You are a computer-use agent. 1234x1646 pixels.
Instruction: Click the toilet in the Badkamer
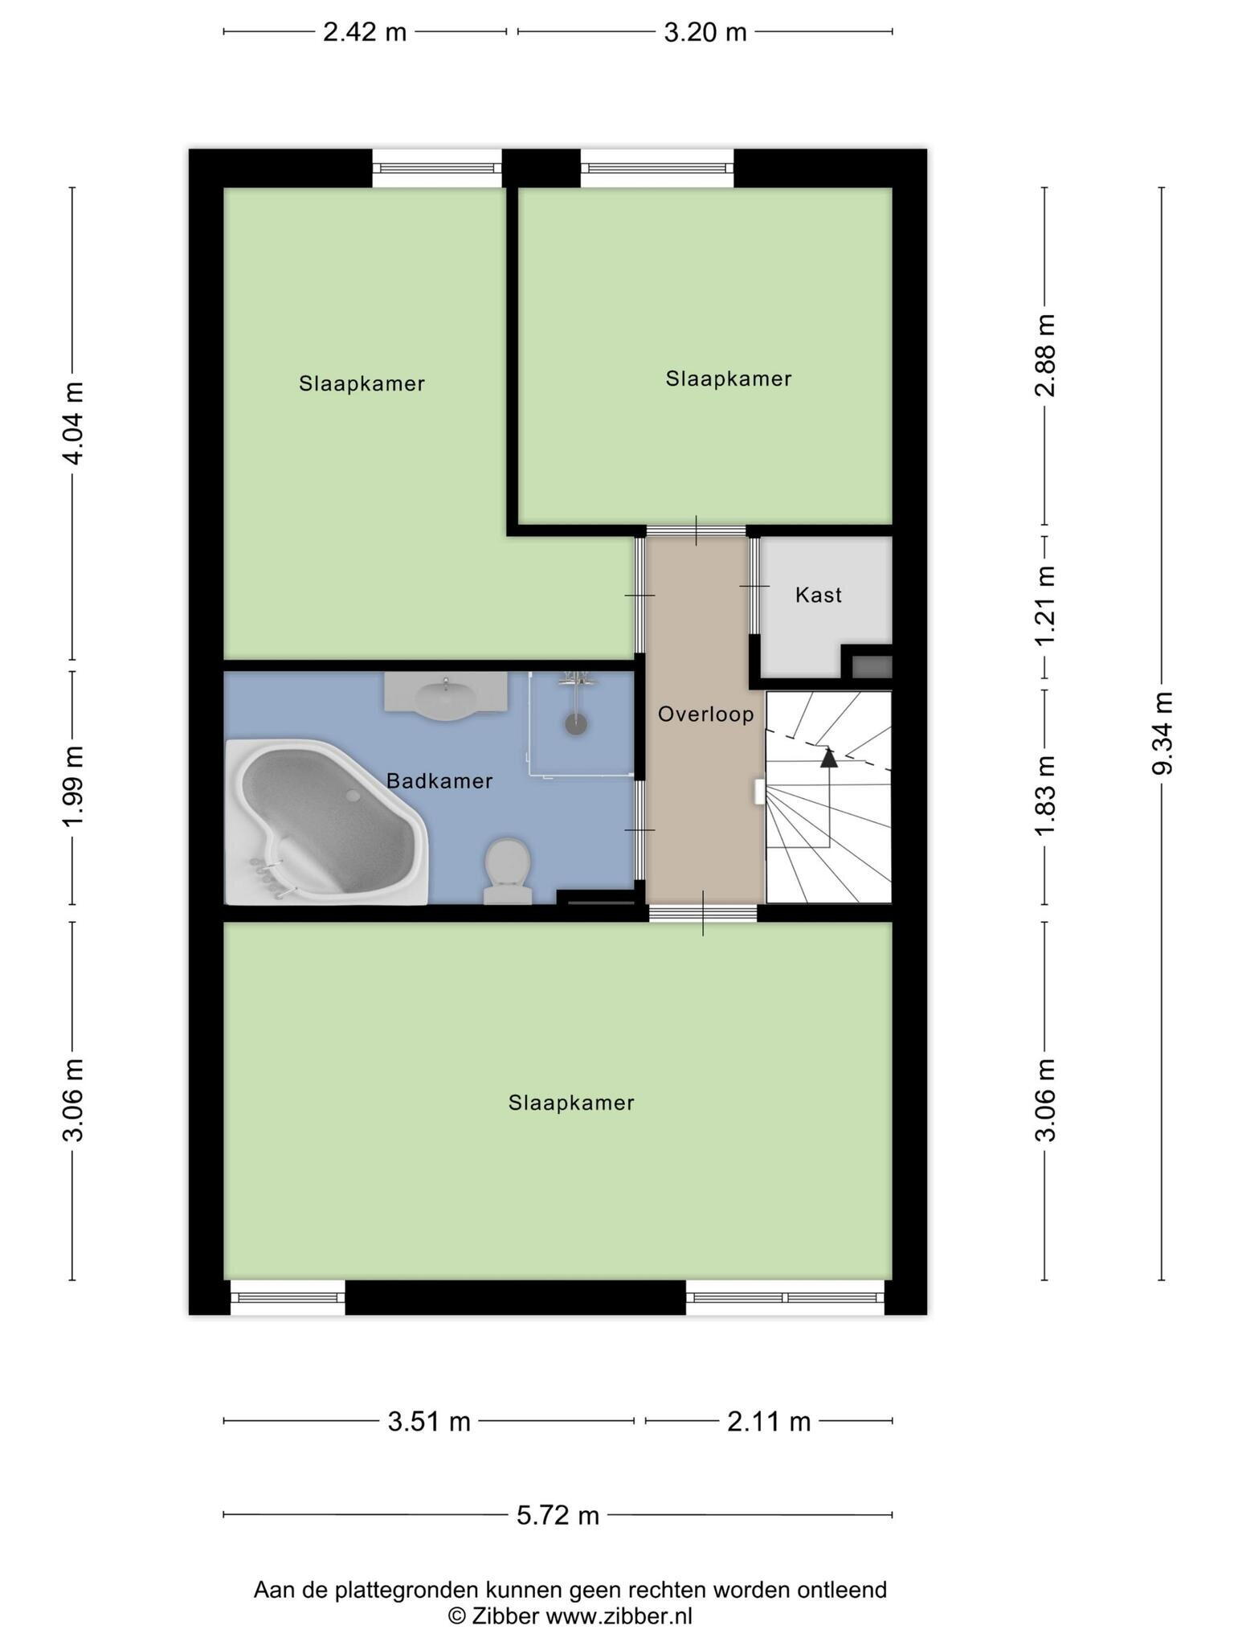pyautogui.click(x=508, y=871)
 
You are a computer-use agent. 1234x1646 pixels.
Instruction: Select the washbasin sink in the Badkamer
pyautogui.click(x=446, y=694)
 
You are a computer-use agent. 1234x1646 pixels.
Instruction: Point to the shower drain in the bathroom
pyautogui.click(x=576, y=723)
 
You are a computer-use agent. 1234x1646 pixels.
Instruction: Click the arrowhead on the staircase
pyautogui.click(x=828, y=756)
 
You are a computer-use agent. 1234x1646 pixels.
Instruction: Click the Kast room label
pyautogui.click(x=819, y=595)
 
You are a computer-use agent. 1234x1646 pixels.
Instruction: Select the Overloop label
pyautogui.click(x=706, y=714)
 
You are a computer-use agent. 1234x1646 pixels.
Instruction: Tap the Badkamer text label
pyautogui.click(x=439, y=780)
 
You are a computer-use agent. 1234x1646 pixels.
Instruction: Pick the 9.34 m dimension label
pyautogui.click(x=1162, y=733)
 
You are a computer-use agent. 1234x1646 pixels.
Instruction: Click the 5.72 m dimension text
pyautogui.click(x=558, y=1515)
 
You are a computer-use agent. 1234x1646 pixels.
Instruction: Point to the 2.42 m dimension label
pyautogui.click(x=365, y=32)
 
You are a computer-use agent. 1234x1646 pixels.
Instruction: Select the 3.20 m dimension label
pyautogui.click(x=705, y=32)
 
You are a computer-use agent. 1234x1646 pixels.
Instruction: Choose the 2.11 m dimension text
pyautogui.click(x=769, y=1422)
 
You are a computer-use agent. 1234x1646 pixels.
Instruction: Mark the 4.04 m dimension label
pyautogui.click(x=73, y=423)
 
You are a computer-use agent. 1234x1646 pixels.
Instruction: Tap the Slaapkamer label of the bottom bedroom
pyautogui.click(x=571, y=1103)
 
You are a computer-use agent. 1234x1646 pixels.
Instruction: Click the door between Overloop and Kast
pyautogui.click(x=754, y=586)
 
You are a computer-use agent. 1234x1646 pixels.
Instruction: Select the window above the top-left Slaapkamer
pyautogui.click(x=437, y=168)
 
